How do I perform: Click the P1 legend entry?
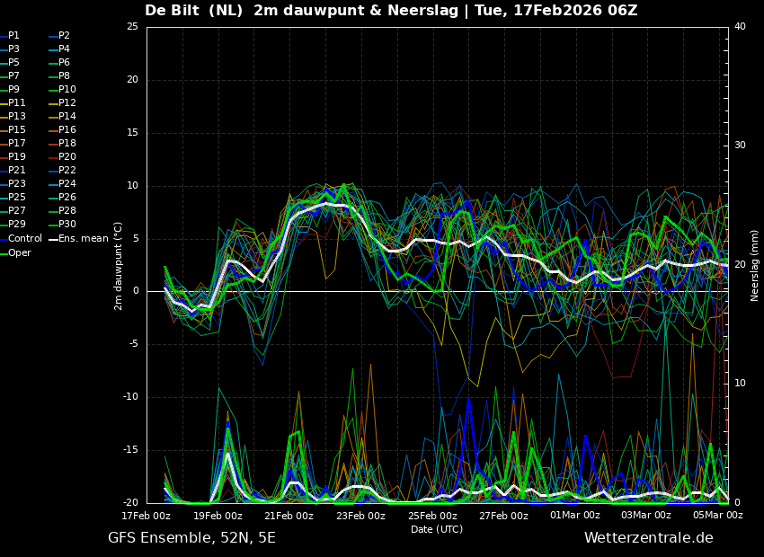pos(13,36)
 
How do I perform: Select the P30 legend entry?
pos(67,225)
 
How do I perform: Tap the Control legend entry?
pos(25,238)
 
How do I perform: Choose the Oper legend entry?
pos(20,252)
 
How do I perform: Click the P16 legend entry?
pos(67,130)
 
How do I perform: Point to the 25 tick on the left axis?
pos(132,27)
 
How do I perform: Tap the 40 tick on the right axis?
pos(740,27)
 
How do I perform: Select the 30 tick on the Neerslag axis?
pos(740,146)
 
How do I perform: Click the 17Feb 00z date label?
pos(147,516)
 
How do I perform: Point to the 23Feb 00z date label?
pos(360,516)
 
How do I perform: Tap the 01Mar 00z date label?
pos(574,516)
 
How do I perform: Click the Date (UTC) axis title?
pos(437,529)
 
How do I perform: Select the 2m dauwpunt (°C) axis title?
pos(119,266)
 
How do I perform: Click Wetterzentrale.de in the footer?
pos(648,538)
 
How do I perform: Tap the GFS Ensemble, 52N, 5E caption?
pos(191,538)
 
